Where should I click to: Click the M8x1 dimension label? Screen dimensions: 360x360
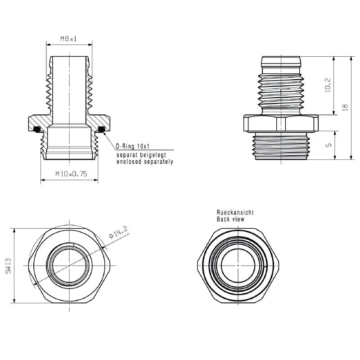point(69,39)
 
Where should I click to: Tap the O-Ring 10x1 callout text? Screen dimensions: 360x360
point(132,146)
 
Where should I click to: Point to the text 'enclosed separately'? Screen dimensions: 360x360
point(144,161)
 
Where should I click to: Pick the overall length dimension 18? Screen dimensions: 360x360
point(345,107)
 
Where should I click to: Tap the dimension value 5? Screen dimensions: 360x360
point(328,145)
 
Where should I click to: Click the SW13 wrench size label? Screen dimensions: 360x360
point(9,265)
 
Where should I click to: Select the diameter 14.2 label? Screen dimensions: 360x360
point(118,234)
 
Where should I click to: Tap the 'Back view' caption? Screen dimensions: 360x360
point(230,219)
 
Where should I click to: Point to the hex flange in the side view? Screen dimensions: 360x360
point(281,123)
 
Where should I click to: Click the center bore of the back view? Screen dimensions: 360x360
point(238,265)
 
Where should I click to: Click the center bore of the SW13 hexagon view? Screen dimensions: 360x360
point(69,265)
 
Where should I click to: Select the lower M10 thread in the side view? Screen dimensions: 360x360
point(281,146)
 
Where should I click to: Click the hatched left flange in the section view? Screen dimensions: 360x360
point(38,121)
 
